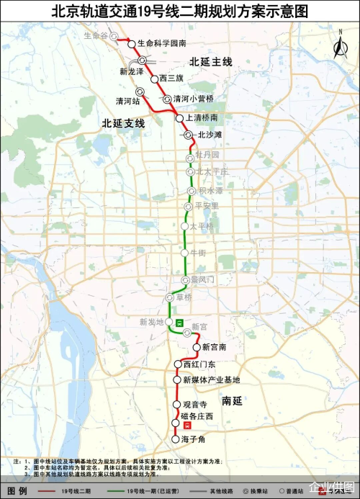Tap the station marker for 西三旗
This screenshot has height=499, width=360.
[154, 78]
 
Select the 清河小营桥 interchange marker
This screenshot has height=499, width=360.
[167, 99]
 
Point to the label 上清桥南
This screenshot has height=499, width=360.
[202, 117]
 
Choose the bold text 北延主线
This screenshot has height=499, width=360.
[211, 62]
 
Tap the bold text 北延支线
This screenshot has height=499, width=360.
[123, 124]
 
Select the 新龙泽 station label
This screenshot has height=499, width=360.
[132, 71]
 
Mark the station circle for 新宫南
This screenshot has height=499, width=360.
[196, 348]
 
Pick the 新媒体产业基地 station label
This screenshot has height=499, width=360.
[211, 379]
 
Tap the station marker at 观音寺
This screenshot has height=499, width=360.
[176, 405]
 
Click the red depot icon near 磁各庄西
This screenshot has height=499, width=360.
[188, 427]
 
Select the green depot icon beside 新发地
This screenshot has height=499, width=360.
[178, 323]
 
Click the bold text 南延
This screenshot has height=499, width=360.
[233, 400]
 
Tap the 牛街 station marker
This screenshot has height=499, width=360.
[184, 253]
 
